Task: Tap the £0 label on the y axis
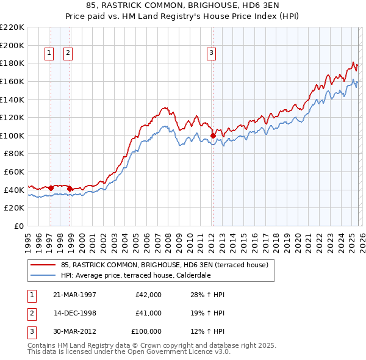pyautogui.click(x=18, y=226)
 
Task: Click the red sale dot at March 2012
pyautogui.click(x=213, y=135)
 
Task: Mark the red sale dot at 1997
pyautogui.click(x=51, y=188)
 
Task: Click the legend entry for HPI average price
pyautogui.click(x=134, y=275)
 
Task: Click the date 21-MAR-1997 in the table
pyautogui.click(x=75, y=295)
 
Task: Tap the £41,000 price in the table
pyautogui.click(x=148, y=313)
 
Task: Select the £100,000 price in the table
pyautogui.click(x=146, y=331)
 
